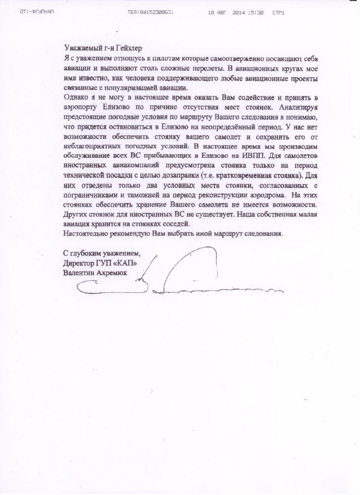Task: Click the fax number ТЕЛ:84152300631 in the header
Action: click(150, 10)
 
